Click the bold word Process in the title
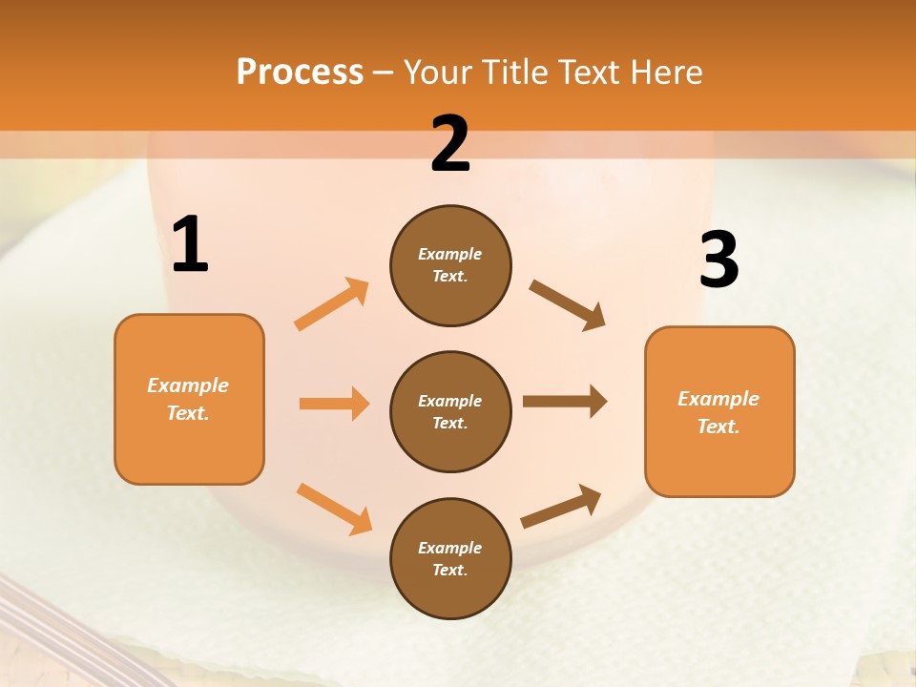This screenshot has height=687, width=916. (300, 73)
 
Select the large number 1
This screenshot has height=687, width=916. (190, 245)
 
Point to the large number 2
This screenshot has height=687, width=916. (450, 144)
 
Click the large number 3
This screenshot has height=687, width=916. (718, 260)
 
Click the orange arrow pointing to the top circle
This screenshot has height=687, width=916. (332, 304)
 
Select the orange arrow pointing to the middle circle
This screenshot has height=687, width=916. (334, 404)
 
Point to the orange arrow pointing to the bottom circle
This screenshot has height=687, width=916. (334, 508)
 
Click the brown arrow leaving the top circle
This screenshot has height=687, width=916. (567, 305)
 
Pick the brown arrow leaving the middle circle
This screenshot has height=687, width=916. (565, 402)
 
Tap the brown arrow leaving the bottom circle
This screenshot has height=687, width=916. (561, 506)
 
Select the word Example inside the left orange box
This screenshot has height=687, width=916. (188, 385)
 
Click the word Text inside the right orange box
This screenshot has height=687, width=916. (718, 427)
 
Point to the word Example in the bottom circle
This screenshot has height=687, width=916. (449, 548)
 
